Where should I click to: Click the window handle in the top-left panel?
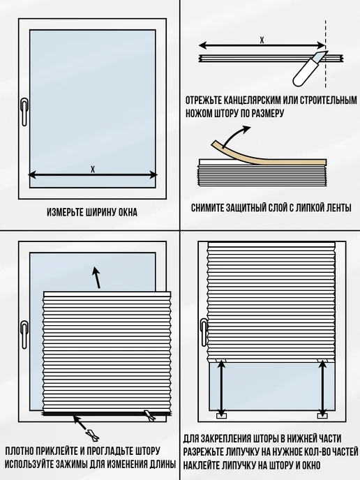click(x=24, y=112)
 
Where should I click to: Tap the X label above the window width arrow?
click(x=93, y=170)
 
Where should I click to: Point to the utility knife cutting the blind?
click(x=308, y=69)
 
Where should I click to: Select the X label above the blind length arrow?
click(x=262, y=40)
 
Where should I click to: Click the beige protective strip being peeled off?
click(x=267, y=157)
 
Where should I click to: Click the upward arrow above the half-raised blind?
click(x=97, y=278)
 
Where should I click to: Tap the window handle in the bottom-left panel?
click(x=24, y=335)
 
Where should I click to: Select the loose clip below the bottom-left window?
click(x=93, y=435)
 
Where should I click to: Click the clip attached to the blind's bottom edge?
click(x=150, y=415)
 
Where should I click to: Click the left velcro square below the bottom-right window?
click(x=221, y=416)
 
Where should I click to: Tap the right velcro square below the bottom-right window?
click(x=322, y=416)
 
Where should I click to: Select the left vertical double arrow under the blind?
click(x=221, y=388)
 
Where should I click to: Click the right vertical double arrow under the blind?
click(x=322, y=388)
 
